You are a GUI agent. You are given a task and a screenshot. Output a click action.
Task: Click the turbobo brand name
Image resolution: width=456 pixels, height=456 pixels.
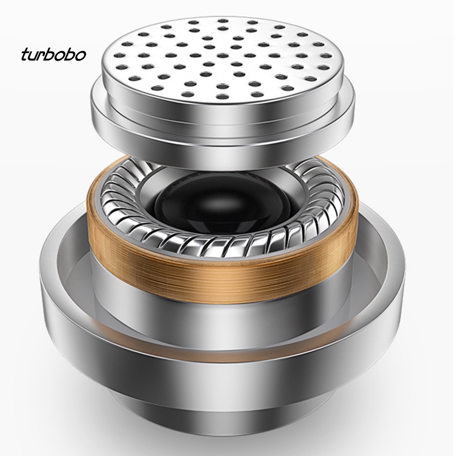(x=53, y=55)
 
